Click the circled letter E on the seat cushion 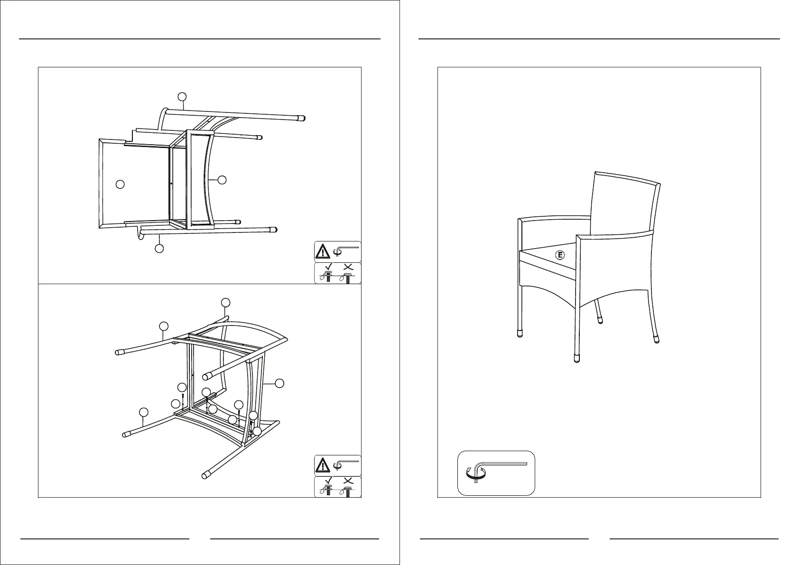(560, 255)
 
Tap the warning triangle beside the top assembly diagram (323, 251)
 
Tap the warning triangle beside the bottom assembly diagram (323, 465)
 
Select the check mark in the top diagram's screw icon (327, 267)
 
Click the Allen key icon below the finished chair (496, 473)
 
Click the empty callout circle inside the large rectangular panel (121, 184)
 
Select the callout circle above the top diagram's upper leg (182, 97)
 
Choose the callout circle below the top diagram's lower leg (159, 248)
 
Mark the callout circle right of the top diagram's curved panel (222, 179)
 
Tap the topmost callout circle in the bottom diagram (226, 302)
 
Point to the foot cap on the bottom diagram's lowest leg (206, 474)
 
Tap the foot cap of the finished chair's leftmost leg (520, 333)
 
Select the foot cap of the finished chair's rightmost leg (657, 339)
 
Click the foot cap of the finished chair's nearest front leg (576, 359)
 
